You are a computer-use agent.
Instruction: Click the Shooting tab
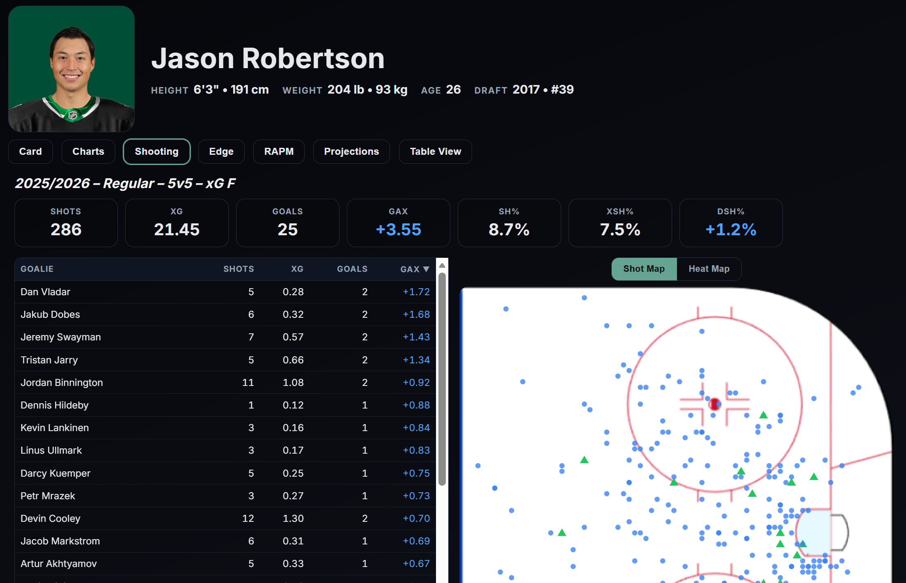[x=156, y=151]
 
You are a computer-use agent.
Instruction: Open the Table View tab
[x=435, y=151]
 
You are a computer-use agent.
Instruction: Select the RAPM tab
[x=279, y=151]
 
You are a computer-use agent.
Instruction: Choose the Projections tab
[x=351, y=151]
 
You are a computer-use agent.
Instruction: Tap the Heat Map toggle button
[x=709, y=269]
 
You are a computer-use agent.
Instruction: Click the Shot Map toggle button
[x=644, y=269]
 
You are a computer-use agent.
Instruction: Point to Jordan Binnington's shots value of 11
[x=248, y=383]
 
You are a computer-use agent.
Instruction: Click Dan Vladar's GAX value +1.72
[x=416, y=292]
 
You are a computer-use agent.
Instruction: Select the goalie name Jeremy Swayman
[x=61, y=337]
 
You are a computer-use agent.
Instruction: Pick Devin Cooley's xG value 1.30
[x=293, y=519]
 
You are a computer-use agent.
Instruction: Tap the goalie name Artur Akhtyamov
[x=59, y=564]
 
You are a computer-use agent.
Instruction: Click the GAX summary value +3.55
[x=398, y=230]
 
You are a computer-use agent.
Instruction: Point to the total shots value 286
[x=66, y=230]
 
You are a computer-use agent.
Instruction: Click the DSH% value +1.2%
[x=731, y=230]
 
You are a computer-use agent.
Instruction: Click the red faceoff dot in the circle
[x=715, y=404]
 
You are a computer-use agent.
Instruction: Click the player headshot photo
[x=71, y=69]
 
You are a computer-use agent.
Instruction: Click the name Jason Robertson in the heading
[x=268, y=58]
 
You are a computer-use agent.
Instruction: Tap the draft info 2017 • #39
[x=543, y=90]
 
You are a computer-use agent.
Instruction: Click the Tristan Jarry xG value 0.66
[x=293, y=360]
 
